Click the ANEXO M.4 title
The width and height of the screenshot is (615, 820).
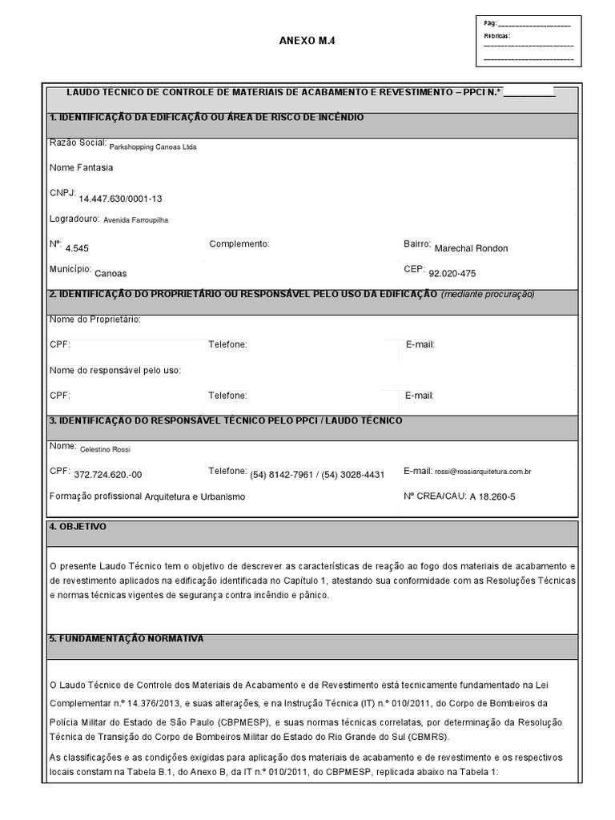click(305, 41)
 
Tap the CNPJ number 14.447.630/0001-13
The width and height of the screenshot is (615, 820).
click(120, 199)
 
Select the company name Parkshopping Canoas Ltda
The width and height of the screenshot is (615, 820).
click(152, 147)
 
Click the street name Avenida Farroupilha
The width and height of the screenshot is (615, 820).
click(136, 219)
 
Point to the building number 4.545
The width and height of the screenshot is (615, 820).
click(77, 248)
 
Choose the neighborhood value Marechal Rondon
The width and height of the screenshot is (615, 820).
click(471, 248)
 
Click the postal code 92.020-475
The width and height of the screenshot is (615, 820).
click(452, 273)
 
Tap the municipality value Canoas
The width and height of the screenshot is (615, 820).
click(111, 273)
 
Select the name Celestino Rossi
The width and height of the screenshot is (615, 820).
click(105, 449)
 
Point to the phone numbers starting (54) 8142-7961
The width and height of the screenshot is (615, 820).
click(317, 475)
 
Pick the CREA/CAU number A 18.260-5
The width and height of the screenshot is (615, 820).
click(492, 496)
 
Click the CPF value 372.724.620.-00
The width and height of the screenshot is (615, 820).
click(107, 475)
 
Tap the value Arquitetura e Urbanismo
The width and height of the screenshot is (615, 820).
click(195, 496)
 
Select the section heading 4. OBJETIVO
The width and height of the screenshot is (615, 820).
click(78, 526)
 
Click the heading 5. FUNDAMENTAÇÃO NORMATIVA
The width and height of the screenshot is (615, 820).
click(126, 638)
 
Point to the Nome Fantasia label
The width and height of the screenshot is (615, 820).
click(81, 167)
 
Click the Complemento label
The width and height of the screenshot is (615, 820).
click(239, 243)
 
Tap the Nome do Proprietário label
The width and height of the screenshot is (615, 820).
click(94, 320)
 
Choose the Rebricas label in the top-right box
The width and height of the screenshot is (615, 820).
click(496, 36)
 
